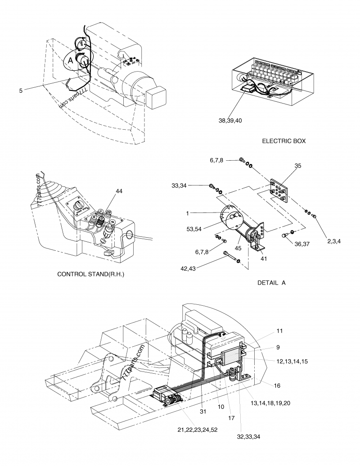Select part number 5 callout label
pos(21,90)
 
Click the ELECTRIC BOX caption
pos(283,141)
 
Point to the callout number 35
pos(297,165)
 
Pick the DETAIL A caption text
pos(271,283)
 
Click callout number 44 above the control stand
pos(119,191)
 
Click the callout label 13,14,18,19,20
pos(270,403)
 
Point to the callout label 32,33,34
pos(248,436)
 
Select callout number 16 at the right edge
pos(277,386)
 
